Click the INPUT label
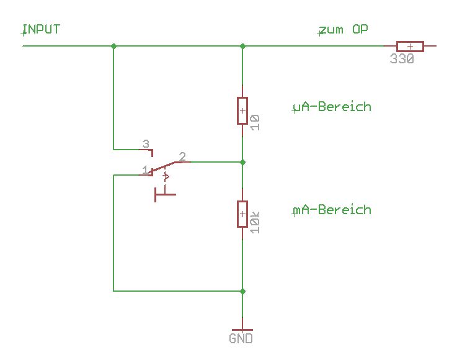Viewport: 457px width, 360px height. coord(42,29)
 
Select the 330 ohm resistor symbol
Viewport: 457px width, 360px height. coord(410,46)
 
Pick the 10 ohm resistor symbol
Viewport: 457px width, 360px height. coord(242,110)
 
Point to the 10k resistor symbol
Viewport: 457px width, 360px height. coord(242,214)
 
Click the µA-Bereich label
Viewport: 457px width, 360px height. coord(332,107)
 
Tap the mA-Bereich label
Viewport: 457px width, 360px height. coord(332,210)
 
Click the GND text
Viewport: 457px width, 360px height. coord(241,339)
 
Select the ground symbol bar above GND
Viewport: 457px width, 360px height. coord(242,330)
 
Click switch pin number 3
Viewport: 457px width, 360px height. coord(146,144)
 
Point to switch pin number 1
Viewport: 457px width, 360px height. coord(145,169)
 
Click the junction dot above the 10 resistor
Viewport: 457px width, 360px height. coord(242,46)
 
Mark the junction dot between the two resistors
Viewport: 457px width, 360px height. coord(242,162)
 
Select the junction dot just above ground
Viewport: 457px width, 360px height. coord(242,290)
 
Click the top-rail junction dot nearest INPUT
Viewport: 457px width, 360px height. coord(113,46)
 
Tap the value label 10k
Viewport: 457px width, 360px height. coord(255,222)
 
